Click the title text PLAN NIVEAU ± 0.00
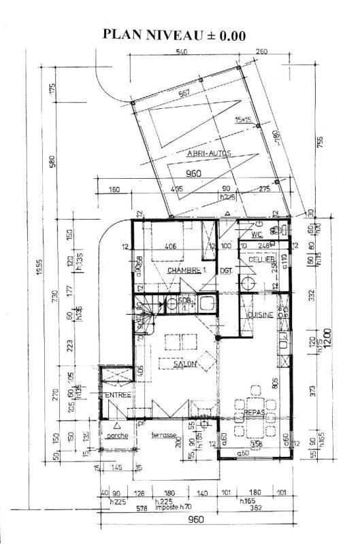click(174, 36)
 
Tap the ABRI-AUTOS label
click(209, 154)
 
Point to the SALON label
click(184, 364)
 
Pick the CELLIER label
click(262, 259)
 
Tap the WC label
click(257, 235)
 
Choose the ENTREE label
click(117, 395)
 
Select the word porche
click(117, 436)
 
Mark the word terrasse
click(164, 436)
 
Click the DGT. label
click(226, 271)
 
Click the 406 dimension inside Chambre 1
click(171, 248)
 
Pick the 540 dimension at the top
click(182, 52)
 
